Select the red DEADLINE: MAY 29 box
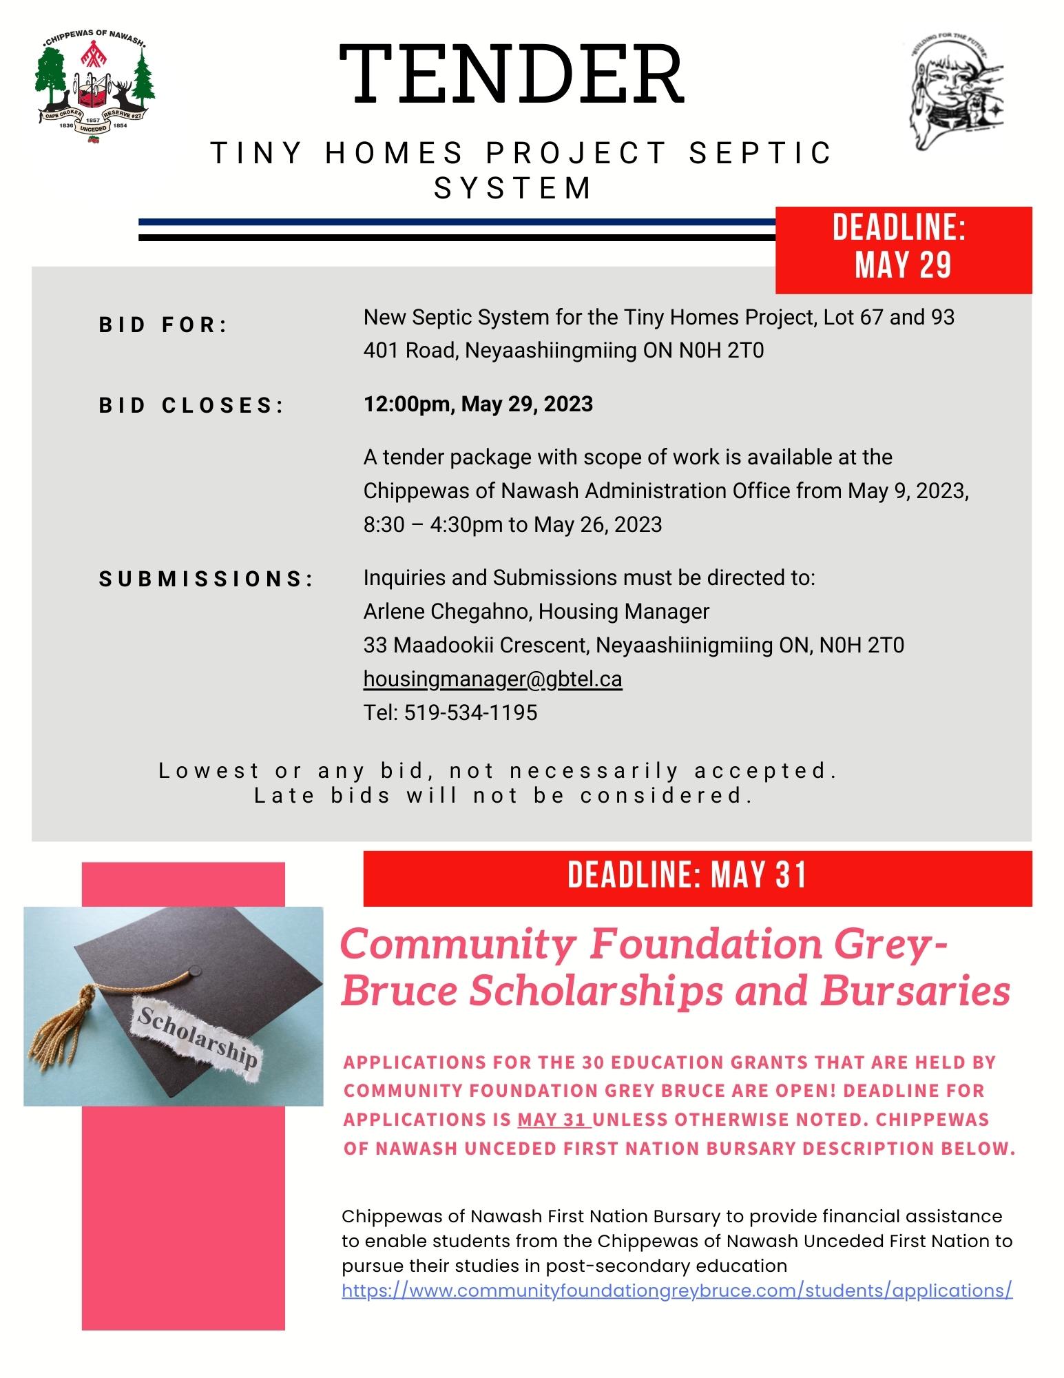(x=903, y=249)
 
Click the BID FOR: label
(x=163, y=325)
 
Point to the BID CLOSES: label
(x=191, y=406)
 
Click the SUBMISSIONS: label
(x=206, y=579)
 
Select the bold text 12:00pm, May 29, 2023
(x=478, y=404)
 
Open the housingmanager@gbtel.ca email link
(x=492, y=679)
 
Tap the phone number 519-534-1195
(x=470, y=712)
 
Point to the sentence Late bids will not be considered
(x=503, y=796)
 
